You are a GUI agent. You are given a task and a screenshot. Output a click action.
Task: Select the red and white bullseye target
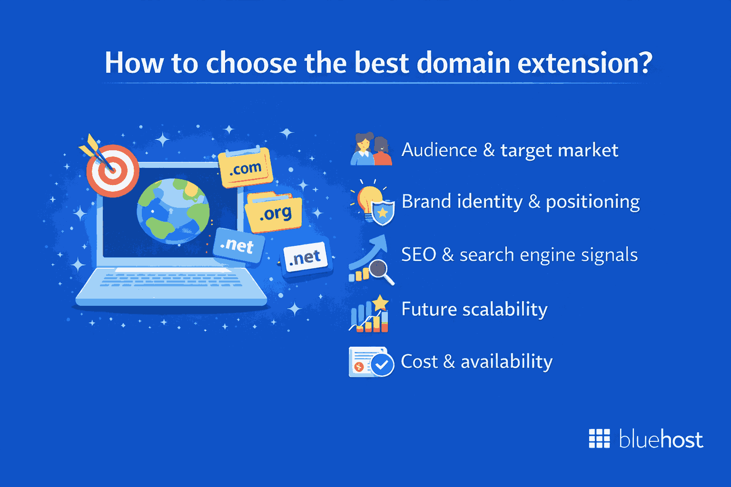[113, 171]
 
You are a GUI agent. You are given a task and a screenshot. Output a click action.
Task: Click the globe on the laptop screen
[173, 211]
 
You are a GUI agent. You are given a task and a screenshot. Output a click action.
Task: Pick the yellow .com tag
[245, 168]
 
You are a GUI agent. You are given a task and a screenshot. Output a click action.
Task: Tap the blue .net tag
[237, 245]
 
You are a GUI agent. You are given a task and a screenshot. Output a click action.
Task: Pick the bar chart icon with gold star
[370, 314]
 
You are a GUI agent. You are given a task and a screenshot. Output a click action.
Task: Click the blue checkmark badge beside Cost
[382, 365]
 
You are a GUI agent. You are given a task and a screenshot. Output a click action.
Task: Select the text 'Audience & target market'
[510, 150]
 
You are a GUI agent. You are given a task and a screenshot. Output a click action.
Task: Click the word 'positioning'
[593, 202]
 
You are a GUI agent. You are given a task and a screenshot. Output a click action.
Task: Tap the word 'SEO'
[418, 254]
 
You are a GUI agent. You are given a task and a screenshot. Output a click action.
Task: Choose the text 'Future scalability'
[474, 309]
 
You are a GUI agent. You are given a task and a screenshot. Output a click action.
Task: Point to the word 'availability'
[506, 362]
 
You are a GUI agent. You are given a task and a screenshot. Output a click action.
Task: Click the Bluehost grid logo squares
[599, 438]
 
